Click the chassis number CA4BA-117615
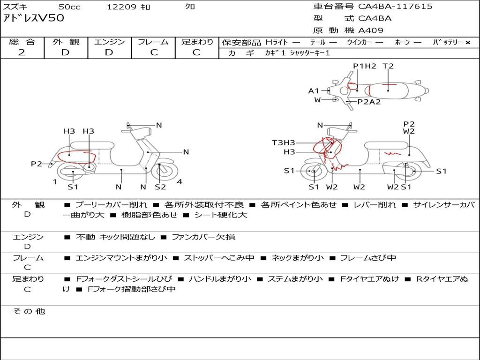pos(395,7)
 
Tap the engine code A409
pos(371,30)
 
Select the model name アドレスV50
pos(34,18)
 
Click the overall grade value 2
pos(22,52)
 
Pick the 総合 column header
pos(22,42)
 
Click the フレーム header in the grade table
pos(153,42)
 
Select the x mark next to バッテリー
pos(468,43)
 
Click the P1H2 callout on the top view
pos(365,66)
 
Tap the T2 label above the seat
pos(388,66)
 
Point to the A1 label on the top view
pos(314,91)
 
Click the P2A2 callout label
pos(369,102)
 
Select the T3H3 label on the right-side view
pos(284,142)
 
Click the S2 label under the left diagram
pos(160,187)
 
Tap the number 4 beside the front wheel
pos(180,182)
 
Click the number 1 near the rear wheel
pos(55,182)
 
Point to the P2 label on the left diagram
pos(37,164)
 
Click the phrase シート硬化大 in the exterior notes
pos(221,215)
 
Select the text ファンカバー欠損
pos(203,237)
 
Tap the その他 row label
pos(29,311)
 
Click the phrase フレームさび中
pos(368,258)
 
